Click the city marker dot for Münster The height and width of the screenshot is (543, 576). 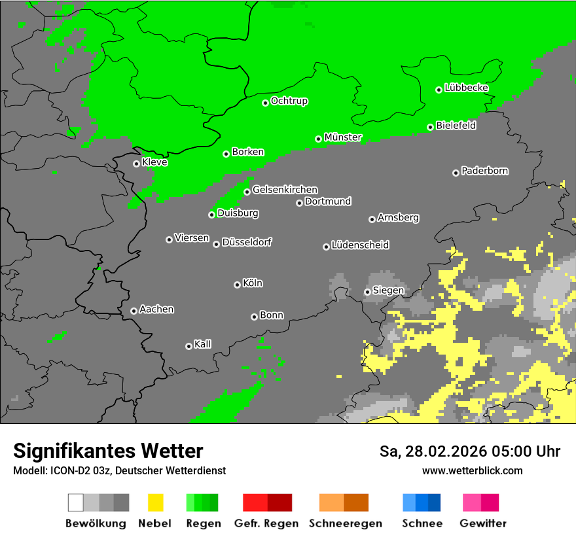[x=319, y=139]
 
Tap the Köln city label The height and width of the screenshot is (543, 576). [x=253, y=283]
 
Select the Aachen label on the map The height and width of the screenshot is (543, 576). [x=156, y=309]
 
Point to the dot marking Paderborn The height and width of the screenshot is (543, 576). [x=456, y=173]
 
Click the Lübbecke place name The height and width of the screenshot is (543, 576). [x=466, y=88]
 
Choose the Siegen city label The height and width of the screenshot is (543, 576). [x=388, y=290]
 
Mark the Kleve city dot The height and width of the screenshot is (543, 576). [x=136, y=164]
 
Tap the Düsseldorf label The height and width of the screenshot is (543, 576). [x=247, y=242]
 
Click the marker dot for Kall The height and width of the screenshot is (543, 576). [x=189, y=346]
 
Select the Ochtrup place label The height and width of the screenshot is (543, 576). [x=289, y=101]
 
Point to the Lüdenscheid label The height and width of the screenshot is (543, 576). [x=360, y=245]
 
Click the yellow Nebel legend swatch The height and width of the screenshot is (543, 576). [x=155, y=502]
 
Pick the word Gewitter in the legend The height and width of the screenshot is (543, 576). [x=483, y=523]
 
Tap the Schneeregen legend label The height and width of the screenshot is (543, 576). [x=344, y=523]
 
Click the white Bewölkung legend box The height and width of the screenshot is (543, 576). [x=75, y=502]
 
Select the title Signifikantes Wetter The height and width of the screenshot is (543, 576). [x=108, y=451]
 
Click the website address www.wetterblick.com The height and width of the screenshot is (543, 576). [x=472, y=470]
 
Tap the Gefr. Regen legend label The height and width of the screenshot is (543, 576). [x=266, y=523]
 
